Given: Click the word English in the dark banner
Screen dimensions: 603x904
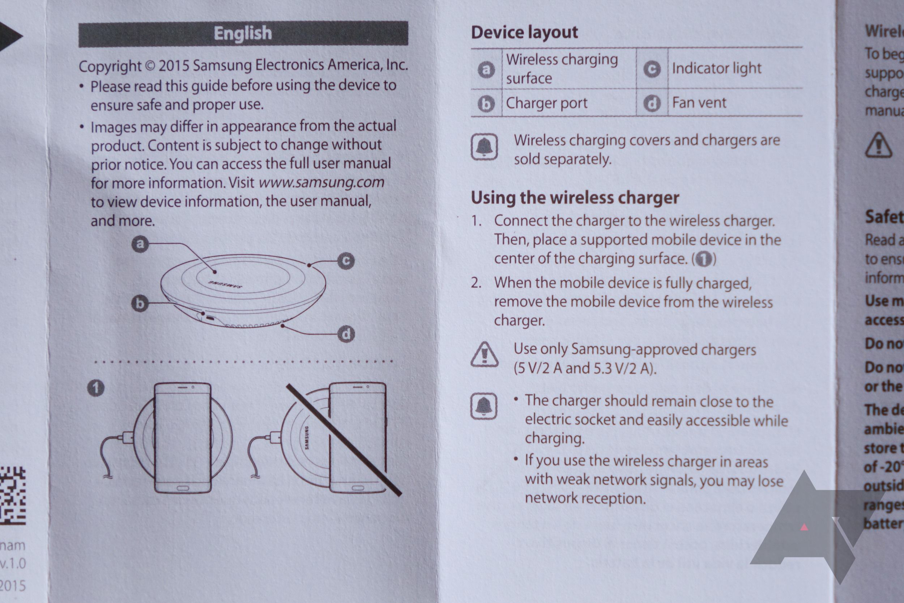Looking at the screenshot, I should tap(243, 33).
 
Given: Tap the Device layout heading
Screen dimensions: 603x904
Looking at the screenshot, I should tap(524, 32).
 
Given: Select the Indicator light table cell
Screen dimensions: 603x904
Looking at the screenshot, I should tap(716, 68).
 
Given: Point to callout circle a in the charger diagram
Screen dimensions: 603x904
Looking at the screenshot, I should tap(140, 244).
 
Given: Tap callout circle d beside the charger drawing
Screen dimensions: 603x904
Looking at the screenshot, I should tap(346, 334).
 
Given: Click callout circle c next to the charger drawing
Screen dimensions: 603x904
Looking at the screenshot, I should tap(346, 261).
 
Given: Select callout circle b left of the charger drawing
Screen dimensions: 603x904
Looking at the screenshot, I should tap(140, 303).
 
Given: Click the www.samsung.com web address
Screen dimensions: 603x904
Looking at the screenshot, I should tap(321, 182).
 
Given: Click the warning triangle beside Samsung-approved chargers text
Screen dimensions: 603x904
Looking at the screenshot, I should tap(484, 355).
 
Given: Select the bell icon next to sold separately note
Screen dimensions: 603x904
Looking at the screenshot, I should tap(484, 146).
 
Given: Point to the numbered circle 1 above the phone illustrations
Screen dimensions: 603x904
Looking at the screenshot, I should tap(96, 388).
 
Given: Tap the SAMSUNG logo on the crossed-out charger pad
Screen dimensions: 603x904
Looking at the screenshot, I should tap(307, 438).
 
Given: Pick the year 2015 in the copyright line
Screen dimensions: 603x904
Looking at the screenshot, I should tap(174, 66).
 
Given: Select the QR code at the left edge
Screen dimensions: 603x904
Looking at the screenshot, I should tap(12, 496).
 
